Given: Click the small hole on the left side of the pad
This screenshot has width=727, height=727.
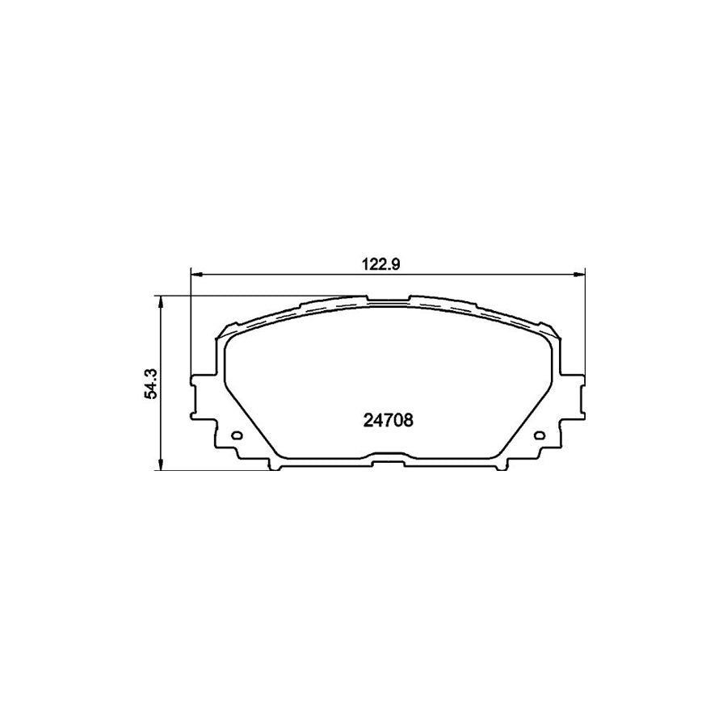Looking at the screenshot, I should coord(237,437).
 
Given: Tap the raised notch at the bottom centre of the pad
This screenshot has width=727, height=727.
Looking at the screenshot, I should coord(390,462).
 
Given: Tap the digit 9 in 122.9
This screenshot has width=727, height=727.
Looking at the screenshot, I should coord(397,263).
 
